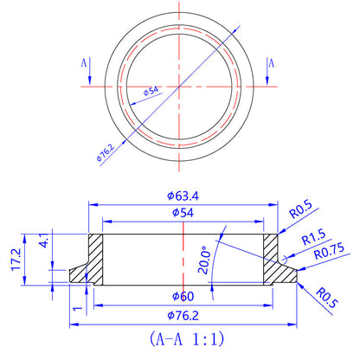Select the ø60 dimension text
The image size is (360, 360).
(183, 297)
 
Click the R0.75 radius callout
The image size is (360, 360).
(328, 253)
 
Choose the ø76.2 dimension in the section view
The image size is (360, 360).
(183, 316)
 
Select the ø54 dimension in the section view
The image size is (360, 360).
(183, 212)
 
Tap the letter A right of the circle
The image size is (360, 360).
(272, 62)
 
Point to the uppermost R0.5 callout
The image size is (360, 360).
(300, 209)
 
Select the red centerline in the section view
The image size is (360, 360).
(183, 260)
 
